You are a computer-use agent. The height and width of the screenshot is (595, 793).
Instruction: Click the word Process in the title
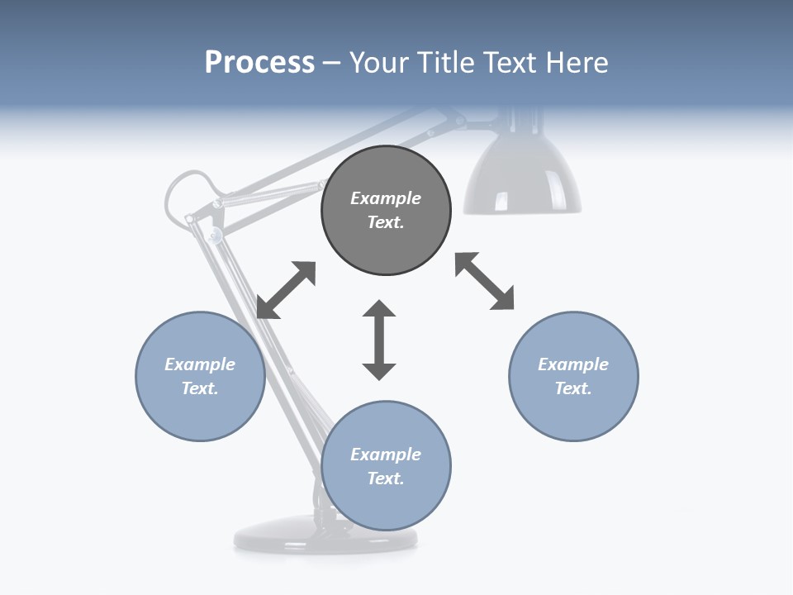tap(259, 63)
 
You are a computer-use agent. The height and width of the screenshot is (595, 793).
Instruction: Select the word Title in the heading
tap(444, 63)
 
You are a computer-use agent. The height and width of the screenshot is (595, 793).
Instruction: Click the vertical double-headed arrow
tap(379, 340)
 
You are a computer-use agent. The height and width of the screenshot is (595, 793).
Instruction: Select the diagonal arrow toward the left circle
tap(286, 290)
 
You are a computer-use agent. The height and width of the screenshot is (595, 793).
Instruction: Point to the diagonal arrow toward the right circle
tap(484, 281)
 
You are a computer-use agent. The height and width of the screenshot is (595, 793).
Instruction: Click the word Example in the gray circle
tap(386, 198)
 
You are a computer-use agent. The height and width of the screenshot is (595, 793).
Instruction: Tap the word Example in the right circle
tap(573, 364)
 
